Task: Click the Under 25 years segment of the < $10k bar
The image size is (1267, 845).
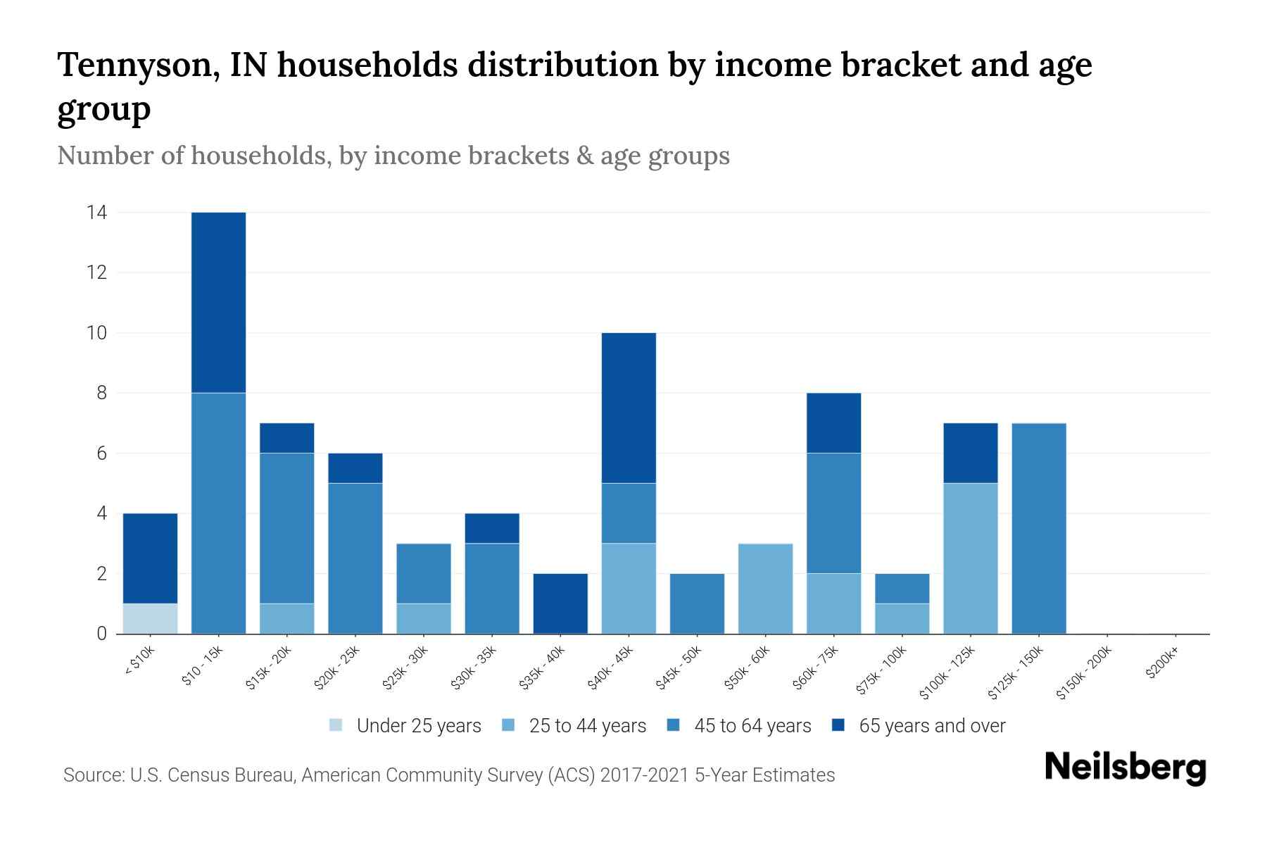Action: (x=150, y=618)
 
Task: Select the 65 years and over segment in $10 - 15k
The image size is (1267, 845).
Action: (x=218, y=302)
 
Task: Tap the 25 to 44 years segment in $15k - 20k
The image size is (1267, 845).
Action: (x=286, y=618)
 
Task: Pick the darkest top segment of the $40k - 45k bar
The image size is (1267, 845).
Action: (x=629, y=408)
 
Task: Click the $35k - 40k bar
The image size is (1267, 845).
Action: (x=560, y=603)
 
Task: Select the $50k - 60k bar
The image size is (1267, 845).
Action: (x=765, y=589)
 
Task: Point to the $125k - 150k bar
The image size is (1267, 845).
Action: (x=1038, y=528)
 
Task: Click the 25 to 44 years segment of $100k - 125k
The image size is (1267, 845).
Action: (x=970, y=558)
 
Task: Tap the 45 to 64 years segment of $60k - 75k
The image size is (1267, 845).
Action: (x=833, y=513)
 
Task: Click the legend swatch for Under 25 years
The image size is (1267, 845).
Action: (x=336, y=725)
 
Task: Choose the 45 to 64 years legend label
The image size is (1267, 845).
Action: (x=752, y=726)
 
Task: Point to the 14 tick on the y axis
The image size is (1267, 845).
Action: (x=96, y=212)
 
